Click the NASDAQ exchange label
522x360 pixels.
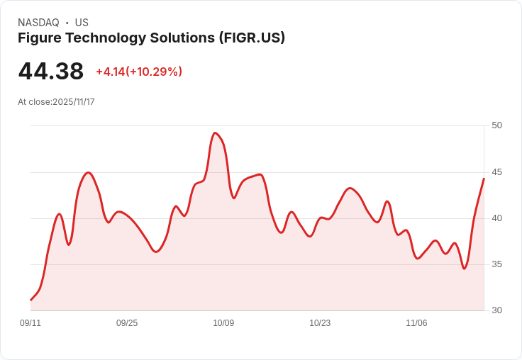pyautogui.click(x=38, y=23)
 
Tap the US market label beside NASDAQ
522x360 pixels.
pyautogui.click(x=82, y=23)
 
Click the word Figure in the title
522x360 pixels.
pyautogui.click(x=38, y=38)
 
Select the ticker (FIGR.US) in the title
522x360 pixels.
pyautogui.click(x=252, y=38)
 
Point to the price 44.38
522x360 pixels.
pyautogui.click(x=51, y=71)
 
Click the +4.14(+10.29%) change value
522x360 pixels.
pyautogui.click(x=139, y=72)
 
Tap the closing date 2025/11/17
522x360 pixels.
pyautogui.click(x=74, y=102)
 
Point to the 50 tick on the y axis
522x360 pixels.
pyautogui.click(x=496, y=125)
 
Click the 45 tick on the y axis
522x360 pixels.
pyautogui.click(x=496, y=172)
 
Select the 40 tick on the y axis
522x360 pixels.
pyautogui.click(x=496, y=218)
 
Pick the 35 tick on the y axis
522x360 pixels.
pyautogui.click(x=496, y=264)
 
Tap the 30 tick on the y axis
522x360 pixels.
pyautogui.click(x=496, y=310)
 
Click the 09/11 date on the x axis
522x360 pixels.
pyautogui.click(x=30, y=323)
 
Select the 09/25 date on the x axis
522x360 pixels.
pyautogui.click(x=127, y=323)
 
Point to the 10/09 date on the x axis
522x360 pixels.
pyautogui.click(x=223, y=323)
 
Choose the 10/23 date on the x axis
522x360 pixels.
pyautogui.click(x=320, y=323)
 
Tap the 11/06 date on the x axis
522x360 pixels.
pyautogui.click(x=416, y=323)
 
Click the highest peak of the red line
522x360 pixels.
pyautogui.click(x=215, y=133)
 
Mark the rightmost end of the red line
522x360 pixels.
pyautogui.click(x=484, y=179)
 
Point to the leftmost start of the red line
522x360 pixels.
pyautogui.click(x=30, y=300)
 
